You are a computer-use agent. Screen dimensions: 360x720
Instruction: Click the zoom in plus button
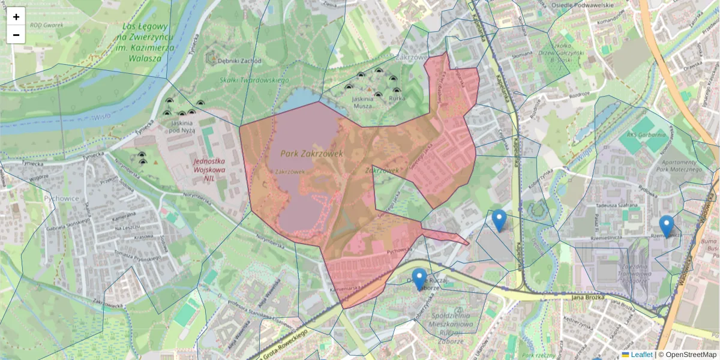[16, 17]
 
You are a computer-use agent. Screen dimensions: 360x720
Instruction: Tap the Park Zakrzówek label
[311, 154]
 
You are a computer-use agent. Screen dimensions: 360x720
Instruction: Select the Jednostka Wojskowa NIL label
[209, 169]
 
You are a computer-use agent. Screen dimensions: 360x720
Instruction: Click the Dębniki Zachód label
[240, 61]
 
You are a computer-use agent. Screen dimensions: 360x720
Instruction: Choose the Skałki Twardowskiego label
[254, 80]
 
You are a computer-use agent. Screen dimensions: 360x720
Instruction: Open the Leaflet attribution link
[641, 355]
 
